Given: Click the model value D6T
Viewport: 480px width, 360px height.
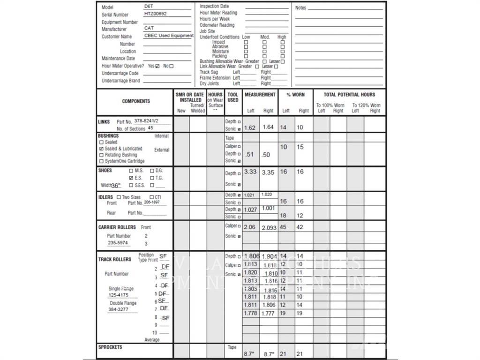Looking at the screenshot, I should click(x=149, y=7).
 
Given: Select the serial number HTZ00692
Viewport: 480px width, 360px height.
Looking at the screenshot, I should click(x=155, y=14).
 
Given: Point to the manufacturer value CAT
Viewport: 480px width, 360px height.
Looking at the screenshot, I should click(x=149, y=29).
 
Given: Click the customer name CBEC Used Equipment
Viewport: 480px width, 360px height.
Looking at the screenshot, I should click(x=169, y=36).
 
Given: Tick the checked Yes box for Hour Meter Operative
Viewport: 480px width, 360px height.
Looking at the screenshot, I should click(x=157, y=66).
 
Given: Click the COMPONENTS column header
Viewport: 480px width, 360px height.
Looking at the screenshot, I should click(x=136, y=101).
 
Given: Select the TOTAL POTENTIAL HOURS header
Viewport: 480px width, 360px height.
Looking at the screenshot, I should click(x=349, y=95).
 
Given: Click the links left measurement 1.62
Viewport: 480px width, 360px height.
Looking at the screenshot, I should click(x=250, y=127).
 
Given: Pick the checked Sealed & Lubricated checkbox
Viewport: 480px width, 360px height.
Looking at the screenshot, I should click(x=101, y=149).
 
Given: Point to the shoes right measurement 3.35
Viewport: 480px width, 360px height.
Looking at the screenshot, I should click(x=268, y=172).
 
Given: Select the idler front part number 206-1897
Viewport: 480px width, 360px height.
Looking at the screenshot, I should click(x=155, y=202).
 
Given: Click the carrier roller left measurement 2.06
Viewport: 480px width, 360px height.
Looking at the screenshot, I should click(x=250, y=227).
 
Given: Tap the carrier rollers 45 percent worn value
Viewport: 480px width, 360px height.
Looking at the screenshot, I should click(x=283, y=227).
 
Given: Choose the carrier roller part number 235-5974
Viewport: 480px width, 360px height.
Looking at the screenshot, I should click(x=118, y=243).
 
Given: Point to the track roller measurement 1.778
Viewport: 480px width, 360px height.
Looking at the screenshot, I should click(x=250, y=314).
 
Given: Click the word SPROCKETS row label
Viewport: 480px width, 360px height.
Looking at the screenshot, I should click(x=110, y=347).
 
